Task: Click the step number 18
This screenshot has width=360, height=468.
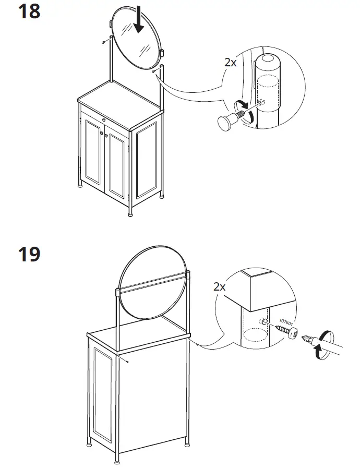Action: pos(29,11)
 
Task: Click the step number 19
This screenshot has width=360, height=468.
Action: pos(29,255)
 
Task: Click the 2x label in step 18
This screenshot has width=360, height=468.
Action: pos(231,62)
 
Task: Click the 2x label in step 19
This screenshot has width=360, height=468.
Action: pos(220,286)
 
